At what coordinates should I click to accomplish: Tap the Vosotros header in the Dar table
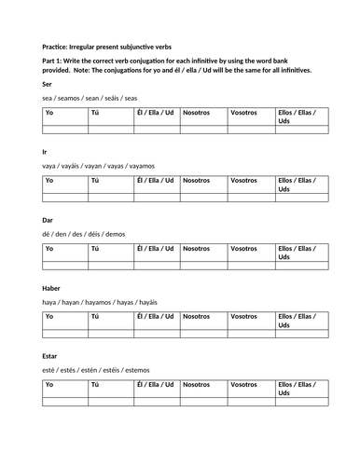pyautogui.click(x=243, y=249)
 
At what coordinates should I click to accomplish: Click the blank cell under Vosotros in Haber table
pyautogui.click(x=250, y=334)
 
